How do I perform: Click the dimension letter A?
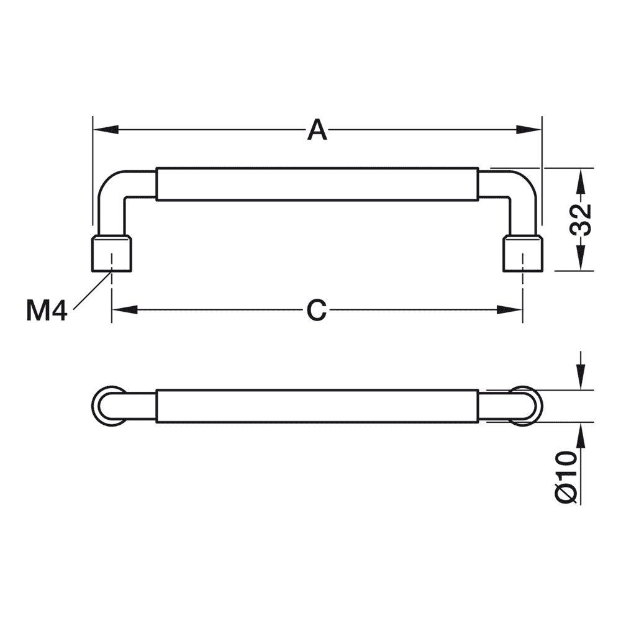pyautogui.click(x=317, y=130)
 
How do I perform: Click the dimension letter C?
pyautogui.click(x=317, y=310)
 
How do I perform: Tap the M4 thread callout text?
pyautogui.click(x=47, y=310)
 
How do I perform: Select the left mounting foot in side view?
pyautogui.click(x=112, y=254)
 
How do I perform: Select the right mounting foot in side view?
pyautogui.click(x=523, y=254)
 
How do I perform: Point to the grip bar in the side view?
pyautogui.click(x=317, y=184)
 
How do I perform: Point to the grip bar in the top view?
pyautogui.click(x=317, y=406)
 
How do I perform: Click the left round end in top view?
pyautogui.click(x=107, y=406)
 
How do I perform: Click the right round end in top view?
pyautogui.click(x=527, y=406)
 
